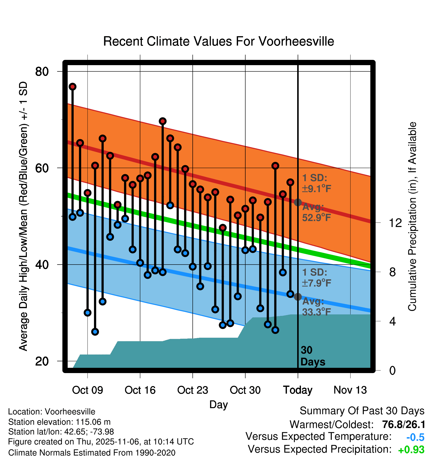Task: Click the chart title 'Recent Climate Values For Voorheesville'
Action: click(218, 41)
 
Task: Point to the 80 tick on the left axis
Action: click(42, 72)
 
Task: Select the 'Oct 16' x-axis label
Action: click(140, 390)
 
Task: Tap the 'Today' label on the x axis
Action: click(298, 390)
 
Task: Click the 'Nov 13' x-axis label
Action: click(350, 390)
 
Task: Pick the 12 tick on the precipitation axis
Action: click(395, 223)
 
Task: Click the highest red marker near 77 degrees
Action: click(73, 87)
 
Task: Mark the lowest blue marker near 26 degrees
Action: click(95, 332)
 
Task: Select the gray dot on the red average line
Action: click(298, 202)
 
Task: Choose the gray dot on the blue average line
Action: click(298, 297)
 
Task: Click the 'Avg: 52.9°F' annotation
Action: click(316, 212)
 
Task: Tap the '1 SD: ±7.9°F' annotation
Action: click(316, 278)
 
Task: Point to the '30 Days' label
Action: click(312, 356)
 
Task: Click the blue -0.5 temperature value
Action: click(415, 437)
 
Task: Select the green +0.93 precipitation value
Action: click(411, 450)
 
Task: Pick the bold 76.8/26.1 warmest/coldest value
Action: click(404, 424)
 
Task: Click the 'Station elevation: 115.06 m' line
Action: click(59, 422)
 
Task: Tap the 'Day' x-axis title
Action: click(218, 404)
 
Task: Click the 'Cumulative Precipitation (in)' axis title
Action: click(412, 216)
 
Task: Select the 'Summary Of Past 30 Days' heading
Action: click(362, 411)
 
